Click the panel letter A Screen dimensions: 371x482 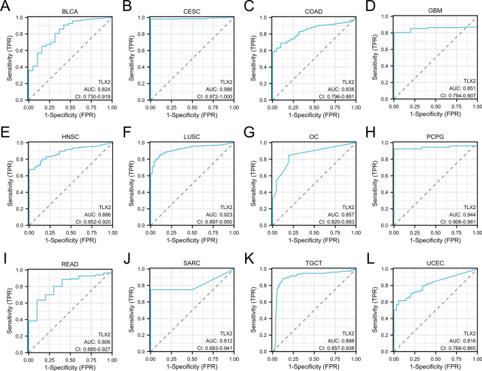tap(5, 7)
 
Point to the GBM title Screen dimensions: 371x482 tap(434, 12)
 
